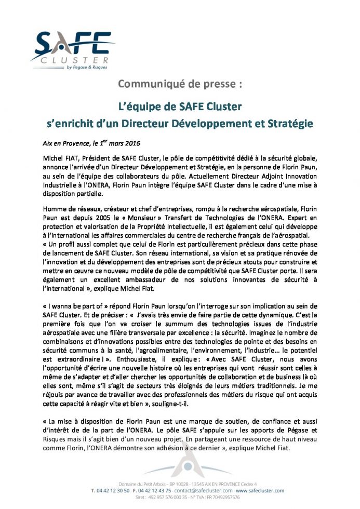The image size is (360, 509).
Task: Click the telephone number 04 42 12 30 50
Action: coord(114,490)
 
